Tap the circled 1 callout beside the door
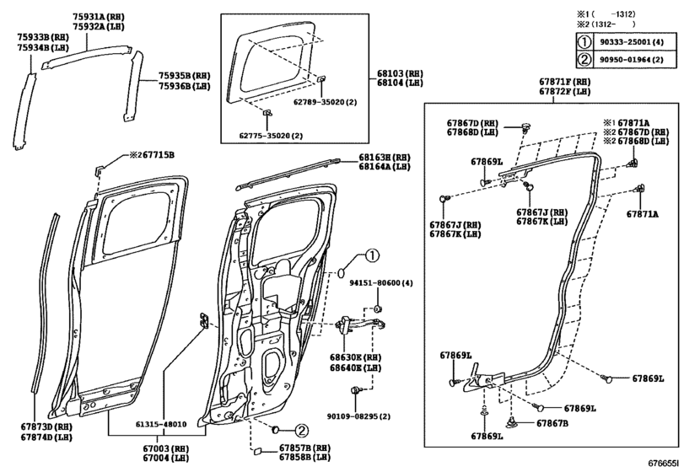(x=373, y=256)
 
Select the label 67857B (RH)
(x=308, y=448)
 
